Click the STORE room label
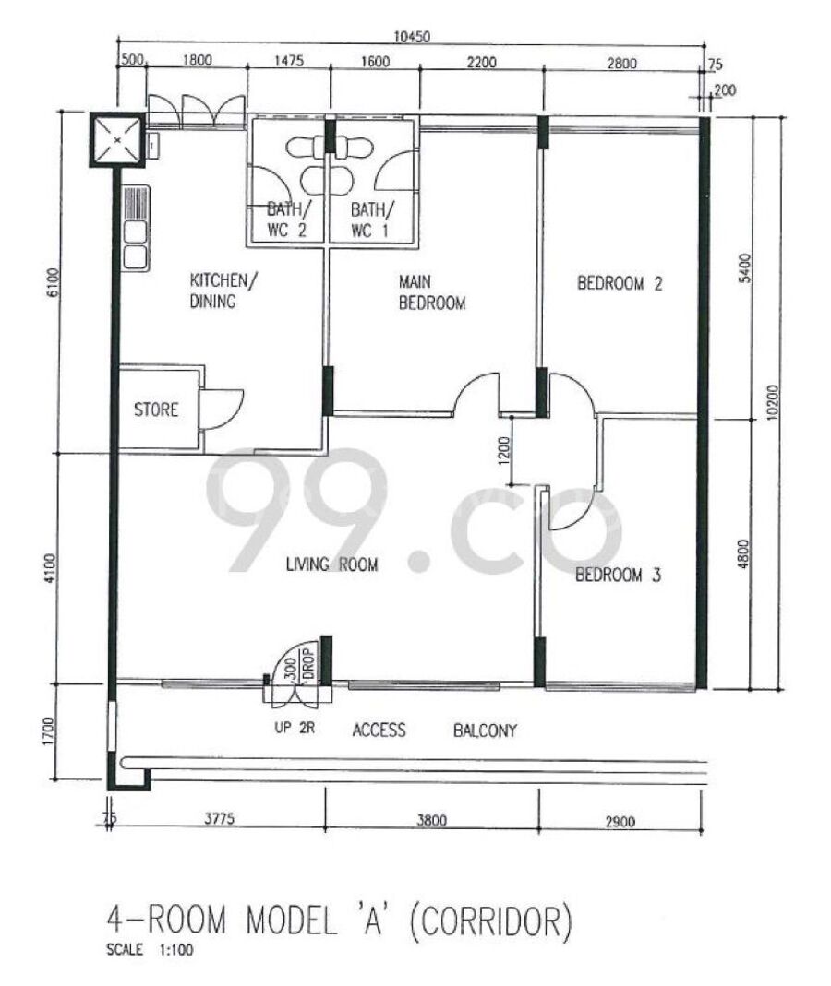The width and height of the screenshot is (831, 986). (x=156, y=410)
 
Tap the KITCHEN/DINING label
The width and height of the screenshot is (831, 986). (x=223, y=291)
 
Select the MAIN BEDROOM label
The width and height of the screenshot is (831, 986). (x=432, y=292)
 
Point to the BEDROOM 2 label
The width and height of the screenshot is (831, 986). (x=620, y=283)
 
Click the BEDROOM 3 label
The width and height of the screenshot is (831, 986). (x=619, y=575)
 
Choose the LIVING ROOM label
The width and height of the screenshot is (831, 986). (x=331, y=564)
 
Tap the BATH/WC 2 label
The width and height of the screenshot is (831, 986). (x=287, y=220)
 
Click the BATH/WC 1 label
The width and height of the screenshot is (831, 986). (x=372, y=220)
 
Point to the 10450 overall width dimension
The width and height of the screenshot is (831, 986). (x=412, y=37)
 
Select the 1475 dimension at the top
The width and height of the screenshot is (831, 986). (x=289, y=61)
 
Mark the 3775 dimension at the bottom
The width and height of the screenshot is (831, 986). (x=220, y=818)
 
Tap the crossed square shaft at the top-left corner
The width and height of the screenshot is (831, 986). (x=117, y=139)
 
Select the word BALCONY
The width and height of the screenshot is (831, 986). (x=485, y=731)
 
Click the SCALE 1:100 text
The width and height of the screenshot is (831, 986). (x=150, y=949)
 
